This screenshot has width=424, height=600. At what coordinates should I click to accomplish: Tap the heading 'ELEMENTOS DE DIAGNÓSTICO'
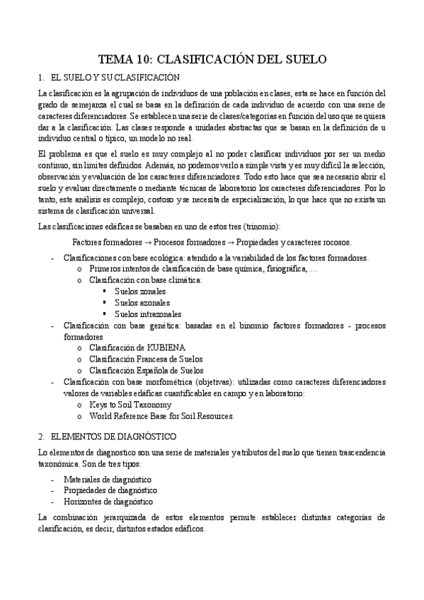(x=113, y=437)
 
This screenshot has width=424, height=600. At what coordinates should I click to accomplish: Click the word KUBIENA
(x=167, y=347)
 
